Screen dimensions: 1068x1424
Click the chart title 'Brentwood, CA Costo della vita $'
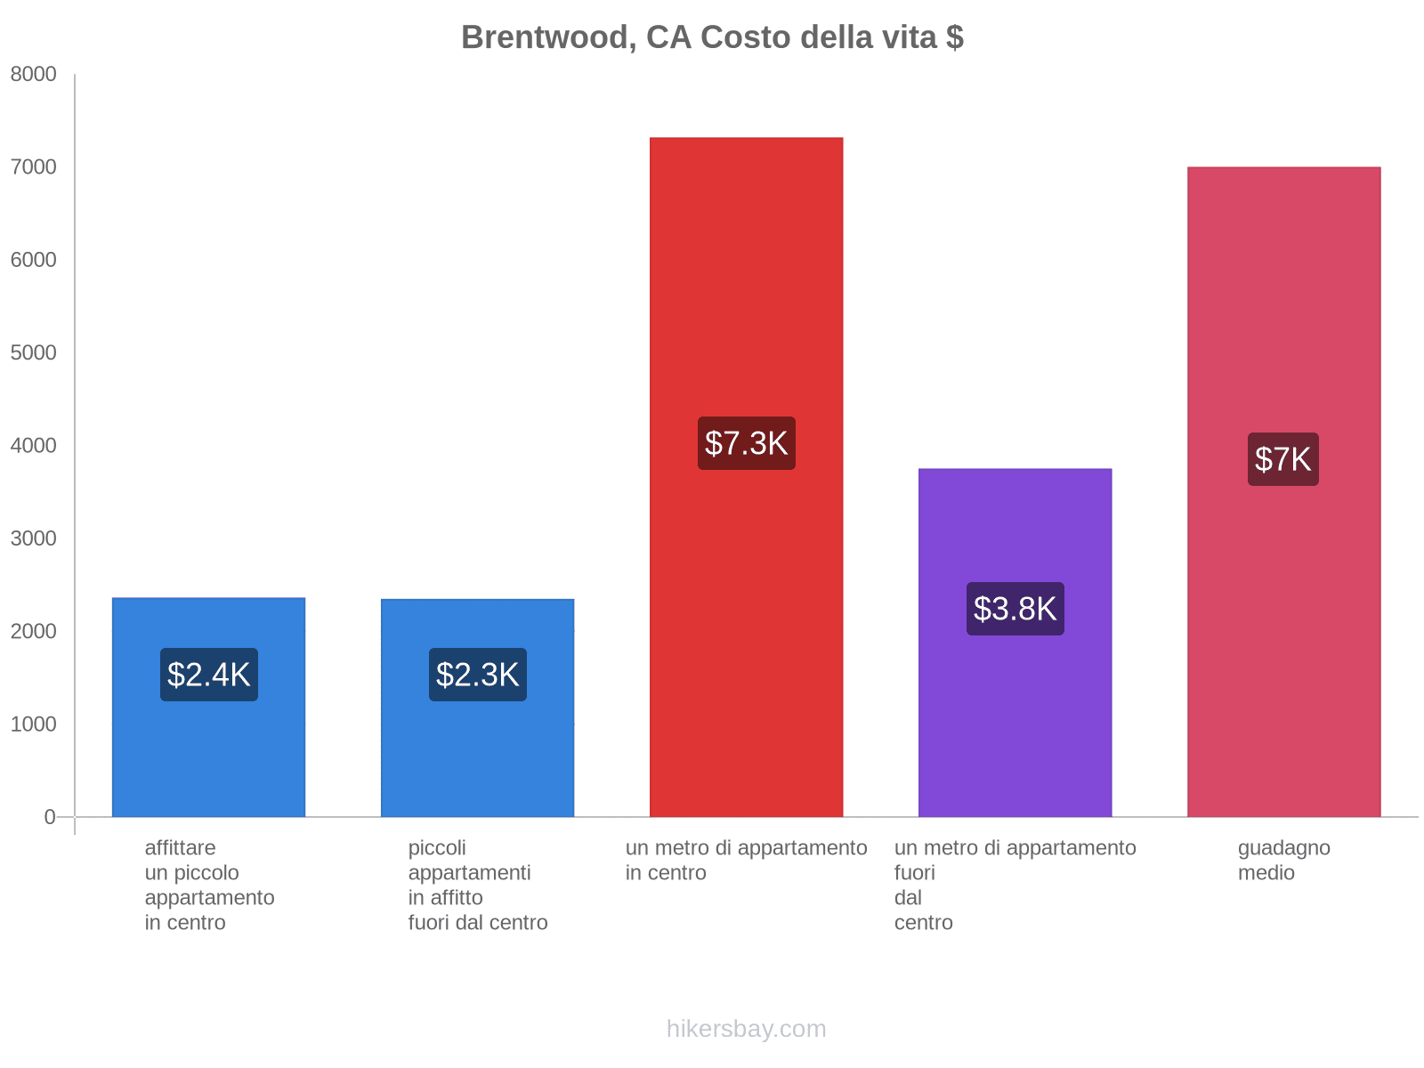(712, 37)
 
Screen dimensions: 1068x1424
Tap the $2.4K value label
(209, 675)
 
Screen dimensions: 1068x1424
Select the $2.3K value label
(478, 675)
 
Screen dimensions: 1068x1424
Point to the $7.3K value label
(746, 443)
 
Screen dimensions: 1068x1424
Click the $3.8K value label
(1015, 609)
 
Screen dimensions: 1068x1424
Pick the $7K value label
(1283, 459)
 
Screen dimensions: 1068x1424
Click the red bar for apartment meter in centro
(746, 267)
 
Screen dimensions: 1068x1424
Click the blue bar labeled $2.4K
(209, 756)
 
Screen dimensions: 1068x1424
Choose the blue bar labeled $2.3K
(478, 756)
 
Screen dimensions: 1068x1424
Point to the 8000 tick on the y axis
(34, 75)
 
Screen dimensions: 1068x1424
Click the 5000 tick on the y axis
(34, 353)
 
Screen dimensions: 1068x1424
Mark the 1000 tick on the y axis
(34, 724)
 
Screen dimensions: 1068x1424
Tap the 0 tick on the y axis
(50, 817)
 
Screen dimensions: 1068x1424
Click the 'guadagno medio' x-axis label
(1283, 861)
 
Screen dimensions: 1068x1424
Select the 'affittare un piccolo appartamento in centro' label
(209, 886)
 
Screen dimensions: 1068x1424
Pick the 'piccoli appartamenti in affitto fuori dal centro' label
(478, 886)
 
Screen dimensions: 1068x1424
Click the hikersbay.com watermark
(746, 1029)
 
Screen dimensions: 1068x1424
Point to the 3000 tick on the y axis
(34, 538)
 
